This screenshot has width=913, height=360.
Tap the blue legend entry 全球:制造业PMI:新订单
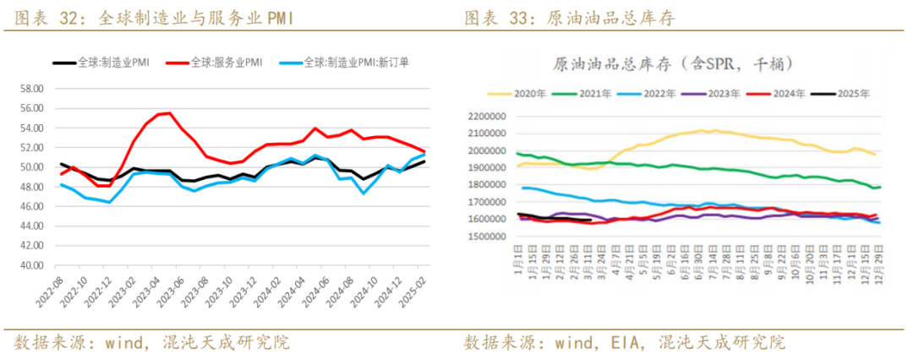click(x=355, y=62)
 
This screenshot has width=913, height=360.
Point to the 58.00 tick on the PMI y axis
click(x=31, y=89)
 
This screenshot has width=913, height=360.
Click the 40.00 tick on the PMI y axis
click(x=31, y=265)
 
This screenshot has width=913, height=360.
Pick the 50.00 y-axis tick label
click(x=31, y=167)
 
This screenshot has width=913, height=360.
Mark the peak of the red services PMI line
click(x=170, y=112)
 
